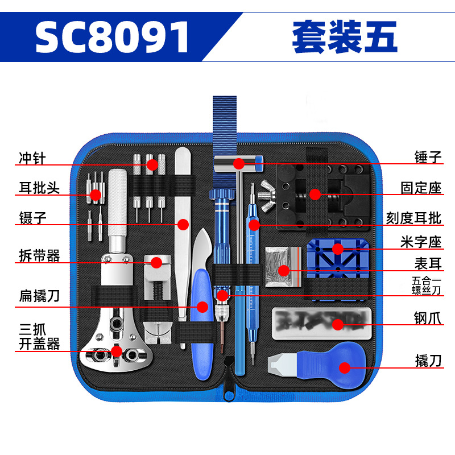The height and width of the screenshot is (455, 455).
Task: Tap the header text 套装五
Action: point(345,38)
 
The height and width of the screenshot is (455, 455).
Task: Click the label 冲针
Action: point(31,158)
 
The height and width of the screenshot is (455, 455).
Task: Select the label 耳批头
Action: point(39,187)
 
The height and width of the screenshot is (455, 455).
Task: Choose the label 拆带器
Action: point(39,255)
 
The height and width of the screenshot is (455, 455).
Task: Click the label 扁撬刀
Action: point(39,296)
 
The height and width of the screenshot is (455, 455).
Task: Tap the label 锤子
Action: point(428,158)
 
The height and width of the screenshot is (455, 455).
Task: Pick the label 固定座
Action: point(421,188)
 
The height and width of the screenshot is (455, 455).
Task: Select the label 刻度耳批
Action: point(413,218)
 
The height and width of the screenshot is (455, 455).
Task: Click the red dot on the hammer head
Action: point(239,164)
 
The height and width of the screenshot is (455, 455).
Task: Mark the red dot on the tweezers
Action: point(183,224)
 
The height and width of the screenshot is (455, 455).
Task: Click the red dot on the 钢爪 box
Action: point(338,324)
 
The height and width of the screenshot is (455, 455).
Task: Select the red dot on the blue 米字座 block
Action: point(337,249)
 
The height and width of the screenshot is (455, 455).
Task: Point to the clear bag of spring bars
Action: point(280,266)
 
